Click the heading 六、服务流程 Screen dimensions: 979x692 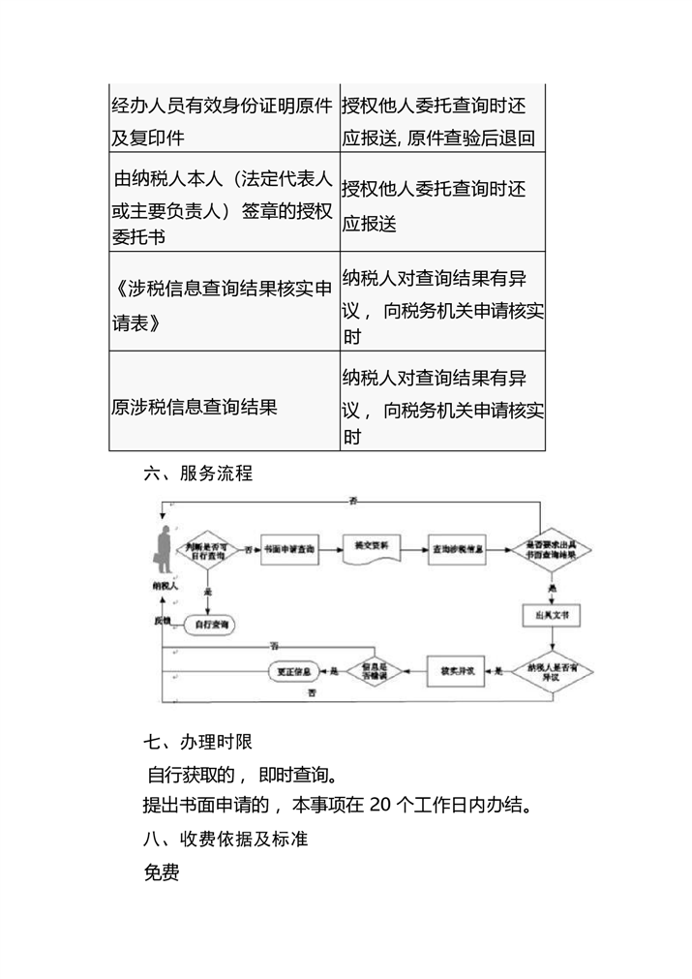point(197,474)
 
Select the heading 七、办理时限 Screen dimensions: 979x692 point(197,743)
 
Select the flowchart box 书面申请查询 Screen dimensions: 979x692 point(289,549)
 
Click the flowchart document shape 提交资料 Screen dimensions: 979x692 point(372,548)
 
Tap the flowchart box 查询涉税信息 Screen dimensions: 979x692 point(459,549)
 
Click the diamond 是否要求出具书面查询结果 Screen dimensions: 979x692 point(551,549)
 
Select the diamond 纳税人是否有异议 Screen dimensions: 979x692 point(552,670)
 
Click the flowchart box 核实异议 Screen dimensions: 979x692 point(456,669)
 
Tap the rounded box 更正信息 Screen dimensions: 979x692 point(293,669)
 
